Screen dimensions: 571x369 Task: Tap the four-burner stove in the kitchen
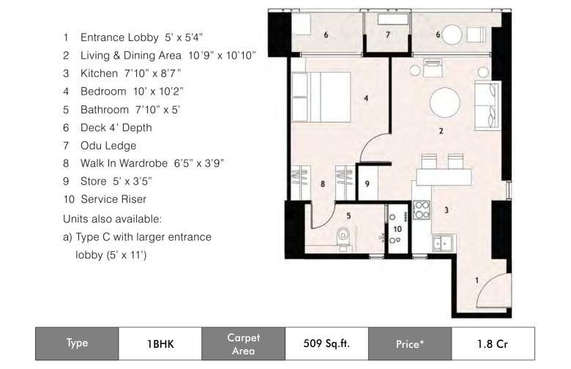[x=422, y=210]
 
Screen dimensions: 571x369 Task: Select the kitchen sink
[x=442, y=243]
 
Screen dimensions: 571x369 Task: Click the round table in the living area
[x=444, y=102]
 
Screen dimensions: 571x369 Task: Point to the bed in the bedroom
[x=321, y=97]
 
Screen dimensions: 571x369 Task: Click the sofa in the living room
[x=486, y=105]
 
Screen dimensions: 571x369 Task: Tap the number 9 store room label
[x=367, y=184]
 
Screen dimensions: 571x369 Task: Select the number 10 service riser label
[x=398, y=229]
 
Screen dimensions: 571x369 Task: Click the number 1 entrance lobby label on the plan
[x=477, y=280]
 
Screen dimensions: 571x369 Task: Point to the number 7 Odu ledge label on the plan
[x=388, y=34]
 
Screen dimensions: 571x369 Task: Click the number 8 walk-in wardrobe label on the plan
[x=323, y=184]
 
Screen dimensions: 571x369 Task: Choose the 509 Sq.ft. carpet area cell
[x=326, y=343]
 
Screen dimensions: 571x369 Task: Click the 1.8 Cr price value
[x=493, y=343]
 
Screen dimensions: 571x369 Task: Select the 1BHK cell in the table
[x=160, y=343]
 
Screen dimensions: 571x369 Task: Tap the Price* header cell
[x=410, y=343]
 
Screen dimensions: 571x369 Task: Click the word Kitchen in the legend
[x=99, y=74]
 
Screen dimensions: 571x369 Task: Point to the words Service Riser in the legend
[x=113, y=199]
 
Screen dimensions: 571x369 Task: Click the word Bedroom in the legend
[x=103, y=92]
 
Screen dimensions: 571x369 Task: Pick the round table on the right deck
[x=452, y=34]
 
